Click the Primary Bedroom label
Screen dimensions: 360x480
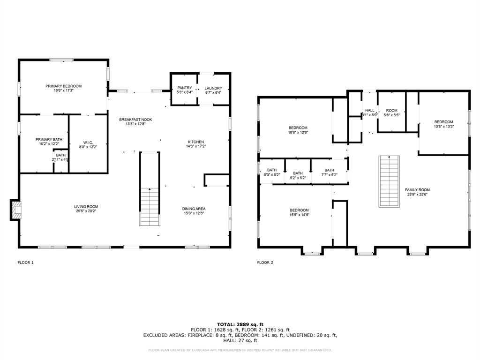coord(63,86)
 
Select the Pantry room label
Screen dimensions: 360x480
coord(184,88)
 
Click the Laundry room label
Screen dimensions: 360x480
coord(213,88)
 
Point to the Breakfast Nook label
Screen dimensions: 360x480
coord(135,120)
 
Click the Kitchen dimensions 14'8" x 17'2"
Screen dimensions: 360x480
coord(196,146)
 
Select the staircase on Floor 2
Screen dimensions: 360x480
coord(390,181)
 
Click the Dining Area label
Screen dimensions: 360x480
coord(194,209)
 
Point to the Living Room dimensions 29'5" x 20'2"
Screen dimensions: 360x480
coord(86,211)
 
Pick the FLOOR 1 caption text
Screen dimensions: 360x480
coord(25,262)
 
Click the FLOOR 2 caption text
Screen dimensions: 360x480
coord(265,262)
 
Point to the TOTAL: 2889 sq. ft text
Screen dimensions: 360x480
coord(240,324)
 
